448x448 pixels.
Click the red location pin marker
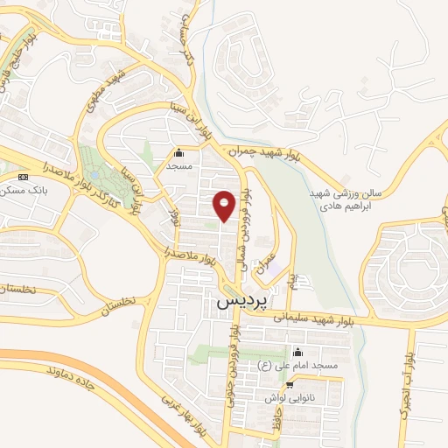225,206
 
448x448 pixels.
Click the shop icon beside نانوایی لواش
290,383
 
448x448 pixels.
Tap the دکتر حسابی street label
177,47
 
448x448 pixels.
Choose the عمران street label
265,262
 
